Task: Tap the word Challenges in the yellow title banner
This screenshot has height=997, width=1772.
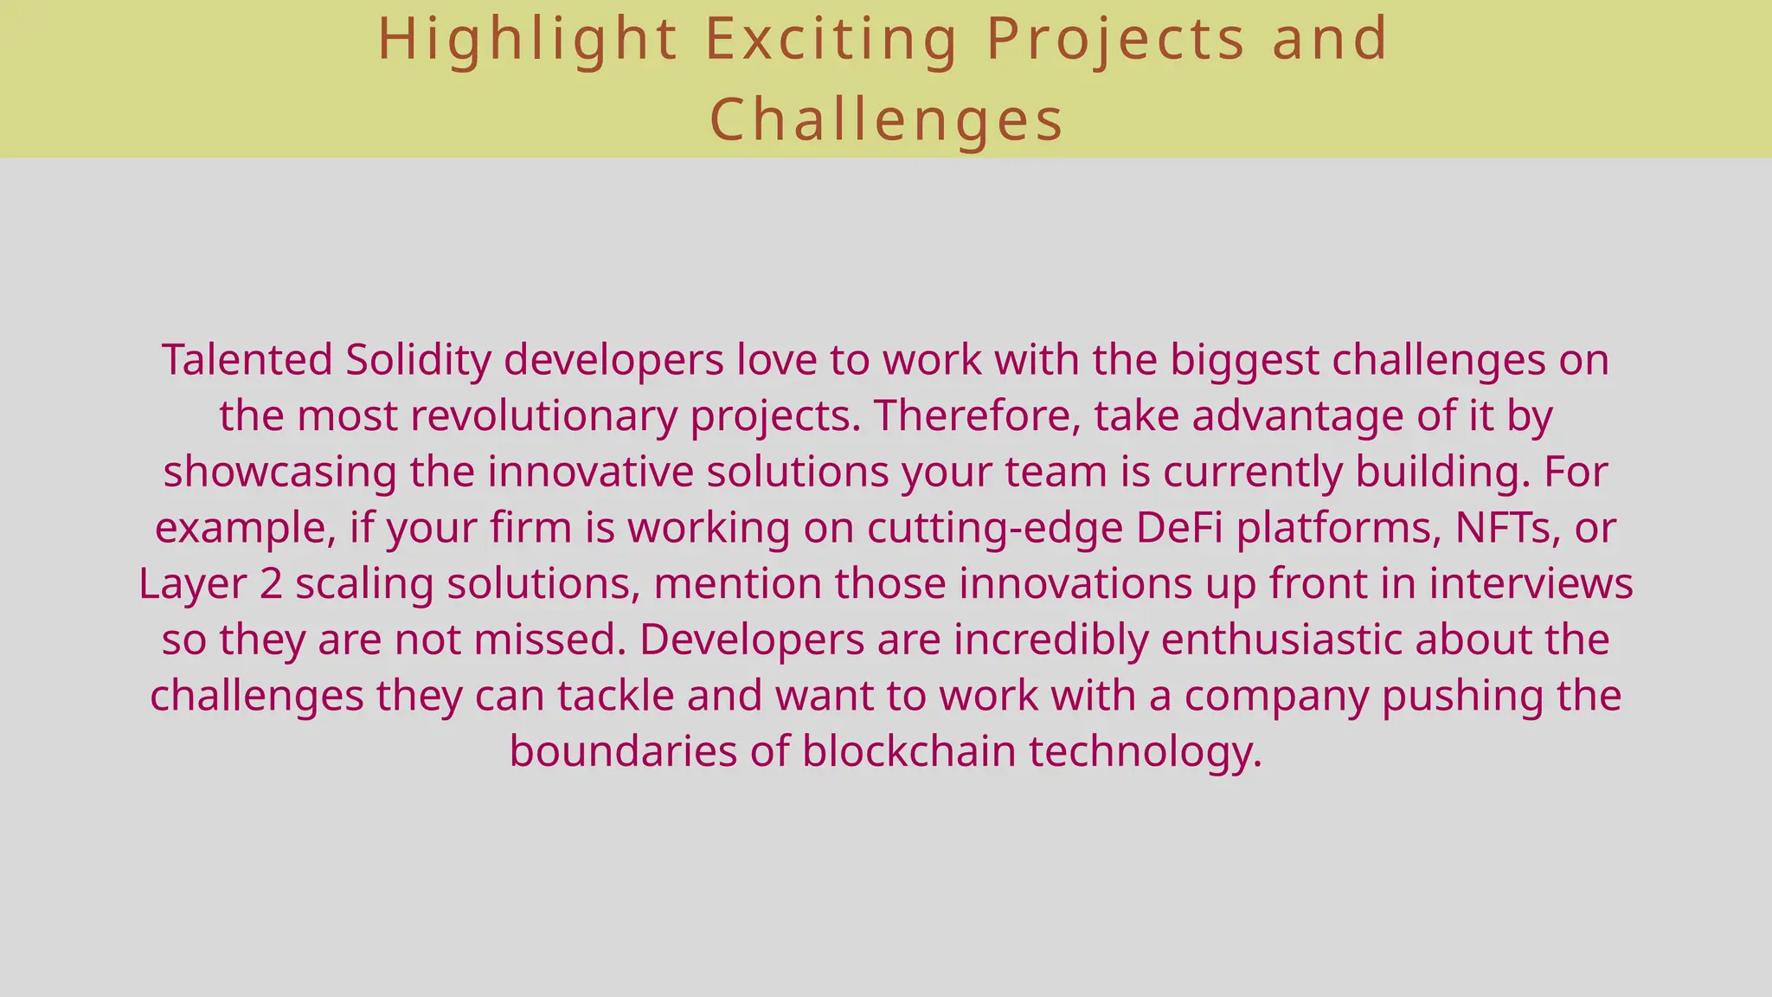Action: pos(886,119)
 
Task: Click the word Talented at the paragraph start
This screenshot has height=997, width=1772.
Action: pos(247,360)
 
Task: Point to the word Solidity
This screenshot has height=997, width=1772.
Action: pos(419,360)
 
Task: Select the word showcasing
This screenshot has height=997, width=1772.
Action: pos(279,473)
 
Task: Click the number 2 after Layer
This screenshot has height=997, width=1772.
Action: pos(271,584)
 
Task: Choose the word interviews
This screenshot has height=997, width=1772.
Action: pos(1531,584)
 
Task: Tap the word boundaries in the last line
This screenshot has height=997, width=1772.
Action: pos(622,751)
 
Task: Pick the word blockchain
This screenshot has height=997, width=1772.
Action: pos(908,751)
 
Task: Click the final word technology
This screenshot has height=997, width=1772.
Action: pos(1144,751)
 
